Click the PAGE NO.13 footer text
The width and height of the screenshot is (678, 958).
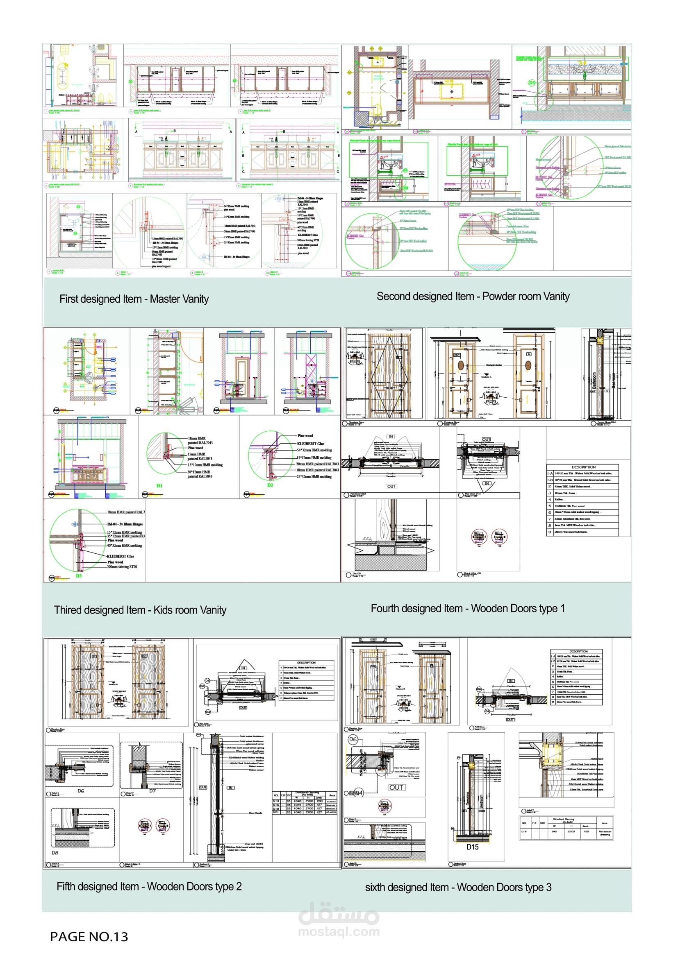tap(89, 937)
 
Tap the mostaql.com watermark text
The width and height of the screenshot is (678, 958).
tap(339, 931)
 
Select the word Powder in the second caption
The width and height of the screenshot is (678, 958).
tap(498, 297)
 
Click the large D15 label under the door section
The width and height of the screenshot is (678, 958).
tap(472, 847)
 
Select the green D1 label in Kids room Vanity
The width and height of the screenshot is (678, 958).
tap(159, 486)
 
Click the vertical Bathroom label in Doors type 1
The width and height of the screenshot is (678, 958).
tap(594, 383)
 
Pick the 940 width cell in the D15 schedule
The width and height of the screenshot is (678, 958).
tap(554, 831)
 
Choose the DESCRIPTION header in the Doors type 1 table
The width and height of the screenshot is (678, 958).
tap(583, 467)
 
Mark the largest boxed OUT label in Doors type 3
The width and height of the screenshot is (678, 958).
tap(396, 787)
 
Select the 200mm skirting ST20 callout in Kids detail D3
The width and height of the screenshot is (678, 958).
tap(122, 566)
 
